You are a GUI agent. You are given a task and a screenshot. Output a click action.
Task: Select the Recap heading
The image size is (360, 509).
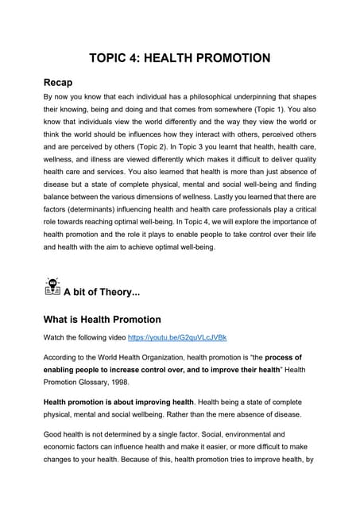(x=63, y=82)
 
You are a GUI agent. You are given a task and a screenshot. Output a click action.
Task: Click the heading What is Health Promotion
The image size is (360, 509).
(x=102, y=320)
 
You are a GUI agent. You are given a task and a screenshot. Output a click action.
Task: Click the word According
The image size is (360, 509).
(x=64, y=358)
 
